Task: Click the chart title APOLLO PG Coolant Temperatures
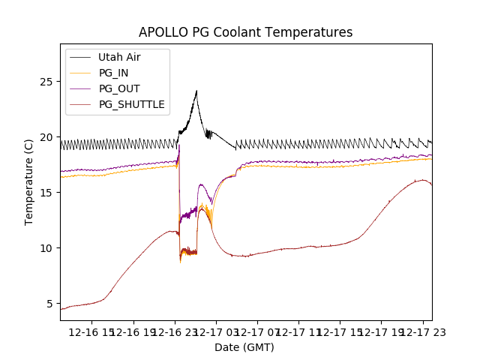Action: (x=245, y=33)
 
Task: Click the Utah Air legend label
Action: (x=119, y=57)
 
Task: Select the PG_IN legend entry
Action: (x=113, y=73)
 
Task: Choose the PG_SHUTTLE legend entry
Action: (x=131, y=104)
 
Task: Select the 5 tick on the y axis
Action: (x=51, y=303)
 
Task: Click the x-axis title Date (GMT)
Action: (x=244, y=347)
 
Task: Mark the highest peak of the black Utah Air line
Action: (x=196, y=91)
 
